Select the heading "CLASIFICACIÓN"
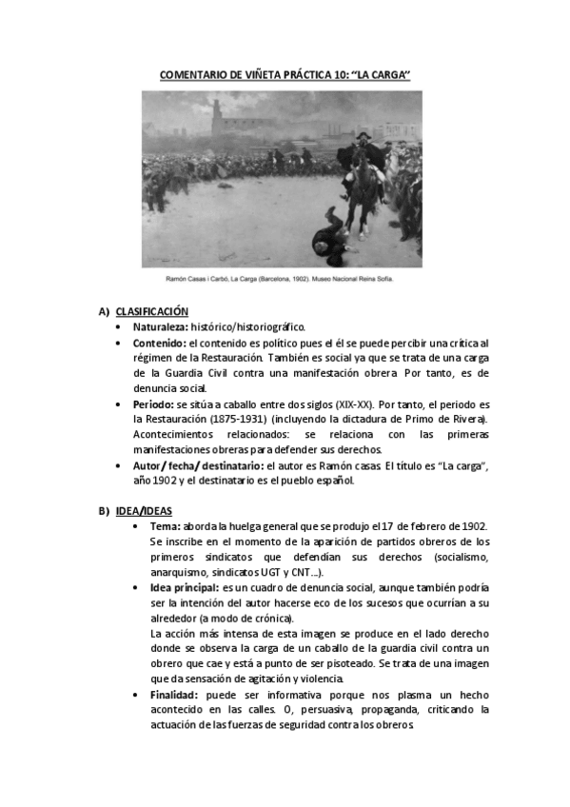coord(151,311)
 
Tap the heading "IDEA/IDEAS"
coord(144,512)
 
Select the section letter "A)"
coord(103,311)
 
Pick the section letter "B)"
coord(103,512)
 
